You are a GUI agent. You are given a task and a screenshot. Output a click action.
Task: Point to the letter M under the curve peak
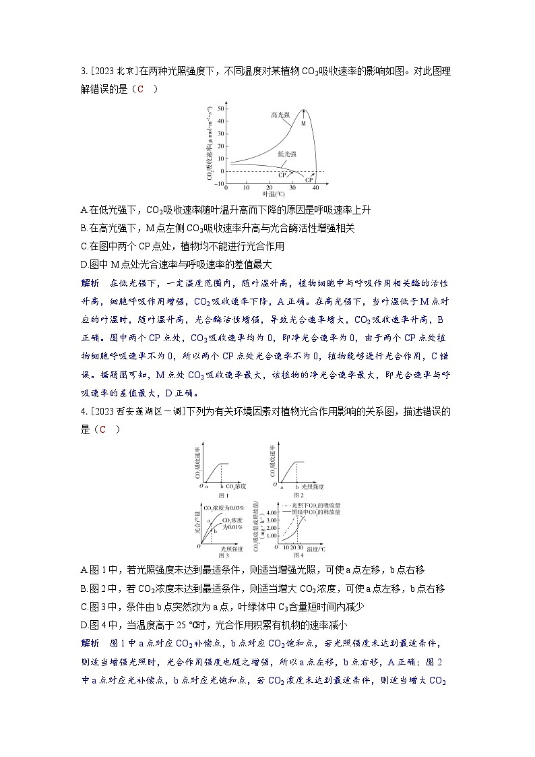303,124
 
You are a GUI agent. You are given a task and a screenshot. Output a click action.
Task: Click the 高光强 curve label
281,115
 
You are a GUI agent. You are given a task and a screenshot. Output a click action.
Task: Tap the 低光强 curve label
287,154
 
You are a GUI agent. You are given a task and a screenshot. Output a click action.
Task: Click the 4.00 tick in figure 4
272,513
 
